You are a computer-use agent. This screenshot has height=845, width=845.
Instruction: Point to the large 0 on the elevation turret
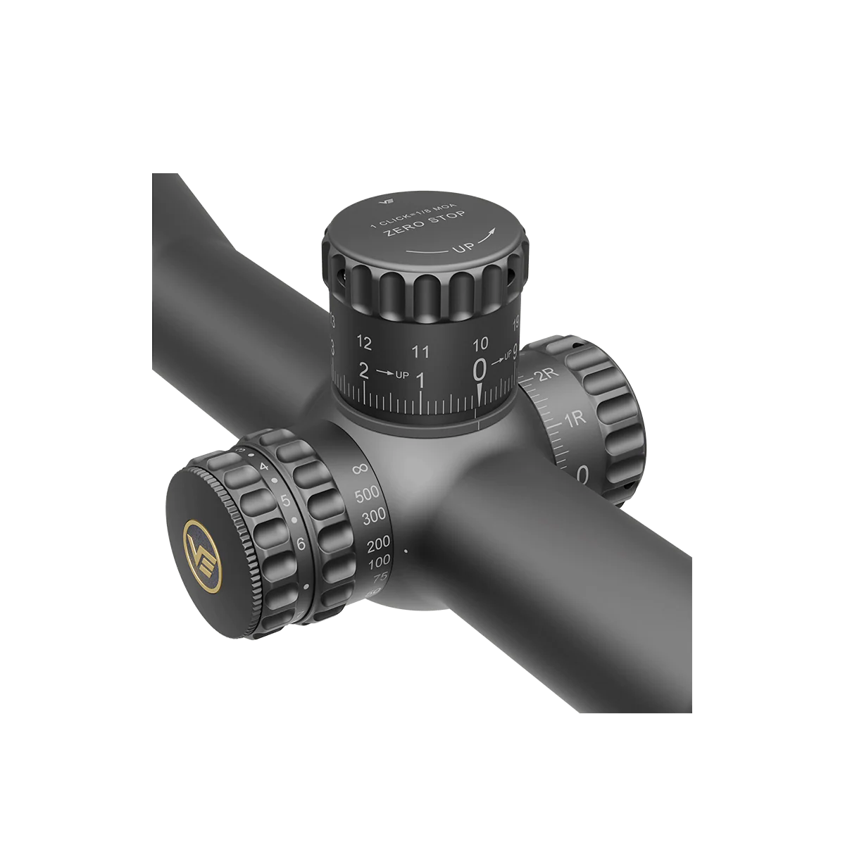point(480,368)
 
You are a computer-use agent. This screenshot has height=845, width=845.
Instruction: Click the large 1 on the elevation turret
point(421,381)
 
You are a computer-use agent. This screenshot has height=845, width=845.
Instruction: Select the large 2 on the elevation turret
point(364,370)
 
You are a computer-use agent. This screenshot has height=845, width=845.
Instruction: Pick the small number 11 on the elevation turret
point(421,351)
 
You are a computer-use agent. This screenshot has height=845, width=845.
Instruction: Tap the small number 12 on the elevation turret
point(364,343)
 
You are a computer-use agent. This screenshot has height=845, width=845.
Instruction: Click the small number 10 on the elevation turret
point(480,344)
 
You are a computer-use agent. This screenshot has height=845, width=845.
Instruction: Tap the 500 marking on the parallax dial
point(367,494)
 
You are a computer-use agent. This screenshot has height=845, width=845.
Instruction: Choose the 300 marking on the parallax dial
point(373,517)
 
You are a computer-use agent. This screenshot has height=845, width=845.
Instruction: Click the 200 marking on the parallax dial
point(378,544)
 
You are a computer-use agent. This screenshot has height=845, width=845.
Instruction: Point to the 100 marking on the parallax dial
point(380,562)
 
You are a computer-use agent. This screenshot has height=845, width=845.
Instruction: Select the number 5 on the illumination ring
point(286,501)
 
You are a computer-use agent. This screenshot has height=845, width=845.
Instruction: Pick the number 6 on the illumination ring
point(301,544)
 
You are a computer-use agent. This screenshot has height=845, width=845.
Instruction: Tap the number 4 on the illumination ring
point(263,467)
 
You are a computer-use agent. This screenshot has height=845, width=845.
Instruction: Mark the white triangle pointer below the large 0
point(480,393)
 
